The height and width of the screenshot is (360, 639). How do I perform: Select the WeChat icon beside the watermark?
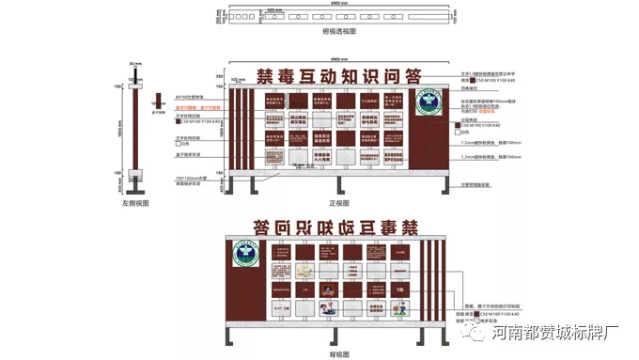(480, 331)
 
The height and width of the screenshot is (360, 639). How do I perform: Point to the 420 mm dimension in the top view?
(273, 9)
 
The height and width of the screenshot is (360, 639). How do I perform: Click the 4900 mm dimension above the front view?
(335, 60)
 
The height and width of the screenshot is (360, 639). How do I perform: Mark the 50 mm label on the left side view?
(135, 64)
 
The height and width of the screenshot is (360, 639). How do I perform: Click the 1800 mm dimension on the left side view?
(119, 133)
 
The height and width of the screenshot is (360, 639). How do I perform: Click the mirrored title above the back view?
(336, 226)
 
